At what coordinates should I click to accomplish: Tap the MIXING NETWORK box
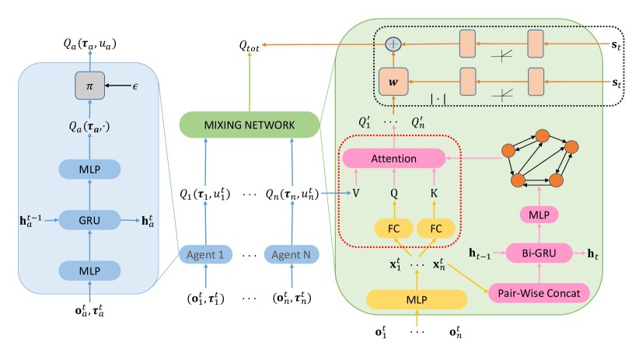pos(249,125)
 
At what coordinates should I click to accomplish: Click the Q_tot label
pos(250,47)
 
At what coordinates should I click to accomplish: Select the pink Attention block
pos(393,159)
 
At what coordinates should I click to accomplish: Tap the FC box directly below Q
pos(393,228)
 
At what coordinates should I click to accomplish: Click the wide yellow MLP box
pos(416,299)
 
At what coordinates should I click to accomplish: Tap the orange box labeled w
pos(393,80)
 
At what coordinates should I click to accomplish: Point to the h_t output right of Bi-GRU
pos(595,253)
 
